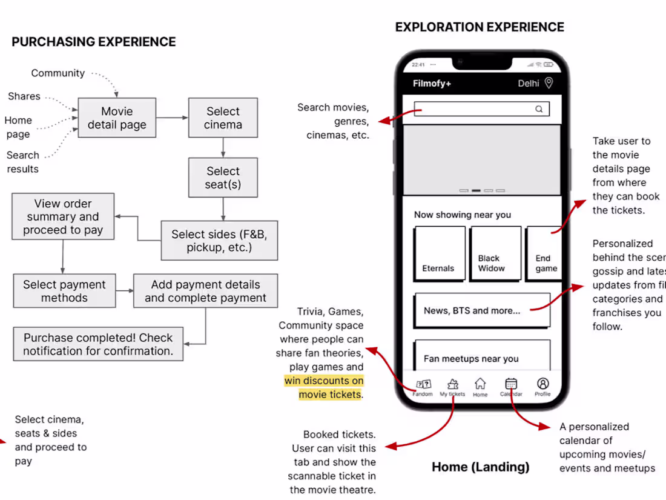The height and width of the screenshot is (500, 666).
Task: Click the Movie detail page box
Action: [x=117, y=118]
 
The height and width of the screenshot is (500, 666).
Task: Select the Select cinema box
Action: [x=223, y=118]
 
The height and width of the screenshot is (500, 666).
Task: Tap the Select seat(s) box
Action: [x=223, y=178]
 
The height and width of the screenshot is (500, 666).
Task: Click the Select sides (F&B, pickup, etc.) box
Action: [x=219, y=241]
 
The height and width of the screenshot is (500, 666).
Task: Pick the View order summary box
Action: [x=63, y=216]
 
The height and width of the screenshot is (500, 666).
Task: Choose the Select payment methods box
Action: [x=64, y=291]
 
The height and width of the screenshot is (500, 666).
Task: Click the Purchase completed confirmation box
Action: [x=98, y=344]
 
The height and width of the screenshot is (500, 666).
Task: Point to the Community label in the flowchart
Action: [x=58, y=73]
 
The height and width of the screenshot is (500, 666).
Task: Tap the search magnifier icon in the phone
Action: [x=539, y=109]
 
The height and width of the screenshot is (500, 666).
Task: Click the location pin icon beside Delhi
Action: [x=549, y=83]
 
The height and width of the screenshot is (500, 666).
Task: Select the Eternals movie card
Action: [x=440, y=253]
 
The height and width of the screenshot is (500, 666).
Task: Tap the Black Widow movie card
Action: [x=495, y=253]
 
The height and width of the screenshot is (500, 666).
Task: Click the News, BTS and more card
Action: [x=482, y=310]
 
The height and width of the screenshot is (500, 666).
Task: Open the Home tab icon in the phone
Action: [x=480, y=384]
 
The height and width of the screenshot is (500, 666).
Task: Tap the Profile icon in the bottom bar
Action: [x=543, y=384]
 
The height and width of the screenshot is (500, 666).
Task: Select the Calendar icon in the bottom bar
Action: [x=511, y=384]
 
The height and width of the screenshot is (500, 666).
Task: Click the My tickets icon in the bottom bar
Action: [x=452, y=384]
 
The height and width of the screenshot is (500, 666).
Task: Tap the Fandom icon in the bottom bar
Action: [x=424, y=384]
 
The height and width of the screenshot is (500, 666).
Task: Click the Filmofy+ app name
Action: [x=432, y=84]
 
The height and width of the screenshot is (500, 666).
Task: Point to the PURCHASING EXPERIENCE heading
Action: [x=94, y=42]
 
